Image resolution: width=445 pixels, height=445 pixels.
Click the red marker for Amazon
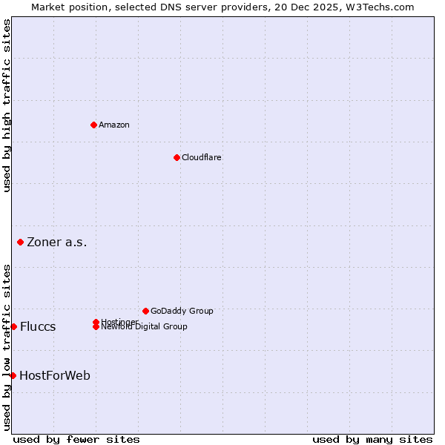93,125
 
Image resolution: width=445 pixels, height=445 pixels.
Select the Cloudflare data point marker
177,157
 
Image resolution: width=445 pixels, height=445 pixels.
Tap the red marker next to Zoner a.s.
20,242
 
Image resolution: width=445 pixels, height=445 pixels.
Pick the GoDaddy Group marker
145,311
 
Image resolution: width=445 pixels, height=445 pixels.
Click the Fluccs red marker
13,326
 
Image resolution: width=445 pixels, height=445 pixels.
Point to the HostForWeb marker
13,375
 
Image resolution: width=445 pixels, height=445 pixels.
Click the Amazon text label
114,125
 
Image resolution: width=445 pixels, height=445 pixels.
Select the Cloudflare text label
202,157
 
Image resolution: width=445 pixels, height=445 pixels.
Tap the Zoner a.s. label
57,242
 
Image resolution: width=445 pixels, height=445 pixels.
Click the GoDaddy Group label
182,311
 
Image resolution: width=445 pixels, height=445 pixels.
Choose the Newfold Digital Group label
145,327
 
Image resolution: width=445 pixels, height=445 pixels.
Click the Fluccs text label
38,327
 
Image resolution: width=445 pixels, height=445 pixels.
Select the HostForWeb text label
55,375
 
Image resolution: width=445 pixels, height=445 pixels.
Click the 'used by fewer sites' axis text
76,439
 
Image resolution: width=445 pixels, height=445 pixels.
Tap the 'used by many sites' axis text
372,439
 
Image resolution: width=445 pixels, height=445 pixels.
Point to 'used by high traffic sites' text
7,105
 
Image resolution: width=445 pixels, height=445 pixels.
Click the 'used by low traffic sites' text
7,347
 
